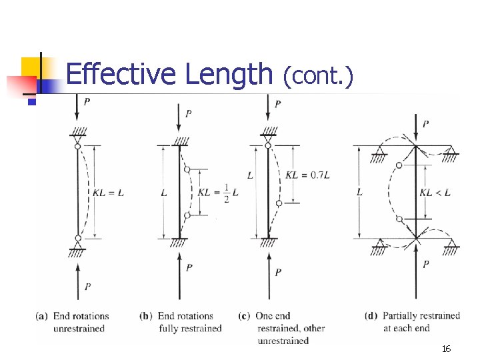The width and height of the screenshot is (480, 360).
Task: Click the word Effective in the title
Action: (x=122, y=75)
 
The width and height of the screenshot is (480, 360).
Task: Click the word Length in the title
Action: (x=229, y=75)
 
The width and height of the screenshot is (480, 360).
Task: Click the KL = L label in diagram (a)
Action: (x=109, y=193)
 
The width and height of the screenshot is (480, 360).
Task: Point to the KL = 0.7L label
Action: (x=308, y=175)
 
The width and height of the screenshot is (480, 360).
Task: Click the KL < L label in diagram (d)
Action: (x=435, y=193)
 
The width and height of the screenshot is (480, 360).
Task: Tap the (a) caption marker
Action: (x=43, y=316)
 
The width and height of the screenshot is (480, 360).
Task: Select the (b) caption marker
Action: (x=147, y=316)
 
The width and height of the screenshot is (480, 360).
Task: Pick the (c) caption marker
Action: (x=244, y=316)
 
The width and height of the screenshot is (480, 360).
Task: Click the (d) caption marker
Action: (x=372, y=316)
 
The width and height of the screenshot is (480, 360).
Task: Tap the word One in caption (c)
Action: (x=264, y=316)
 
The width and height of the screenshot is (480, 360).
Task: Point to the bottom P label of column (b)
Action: (x=189, y=267)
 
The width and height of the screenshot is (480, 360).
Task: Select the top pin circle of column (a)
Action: (x=78, y=146)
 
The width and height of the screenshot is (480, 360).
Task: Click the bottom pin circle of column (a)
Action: (x=78, y=238)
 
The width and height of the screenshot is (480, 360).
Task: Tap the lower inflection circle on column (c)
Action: (x=279, y=203)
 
